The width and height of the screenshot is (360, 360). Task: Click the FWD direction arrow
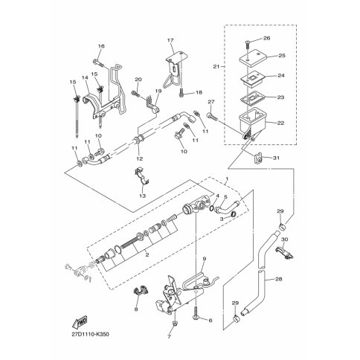(80, 321)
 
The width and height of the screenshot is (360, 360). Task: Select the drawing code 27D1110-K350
(90, 335)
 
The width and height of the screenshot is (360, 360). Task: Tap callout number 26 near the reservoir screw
(266, 38)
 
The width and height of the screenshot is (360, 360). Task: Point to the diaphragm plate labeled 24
(251, 78)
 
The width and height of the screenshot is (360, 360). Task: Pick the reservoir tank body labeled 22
(252, 121)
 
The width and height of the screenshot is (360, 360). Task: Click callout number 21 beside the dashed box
(216, 66)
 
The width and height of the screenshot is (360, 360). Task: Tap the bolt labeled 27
(212, 116)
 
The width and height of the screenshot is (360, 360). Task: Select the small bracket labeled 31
(258, 158)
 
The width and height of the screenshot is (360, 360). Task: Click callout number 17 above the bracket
(170, 40)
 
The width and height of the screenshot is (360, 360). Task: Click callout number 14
(85, 78)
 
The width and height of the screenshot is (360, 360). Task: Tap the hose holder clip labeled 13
(142, 176)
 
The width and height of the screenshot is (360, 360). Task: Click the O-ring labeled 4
(211, 208)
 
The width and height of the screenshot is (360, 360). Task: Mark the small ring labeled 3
(233, 214)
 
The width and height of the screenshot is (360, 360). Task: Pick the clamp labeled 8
(141, 291)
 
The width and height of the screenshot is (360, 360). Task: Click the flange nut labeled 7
(176, 323)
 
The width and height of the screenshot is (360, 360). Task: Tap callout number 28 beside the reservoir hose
(279, 279)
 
